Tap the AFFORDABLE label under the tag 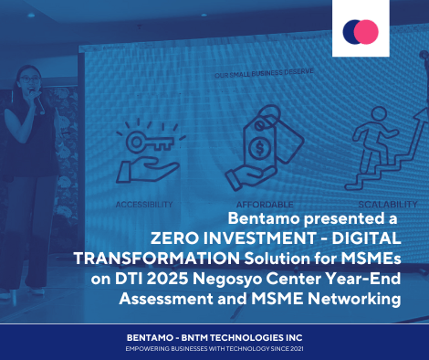[x=265, y=205]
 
